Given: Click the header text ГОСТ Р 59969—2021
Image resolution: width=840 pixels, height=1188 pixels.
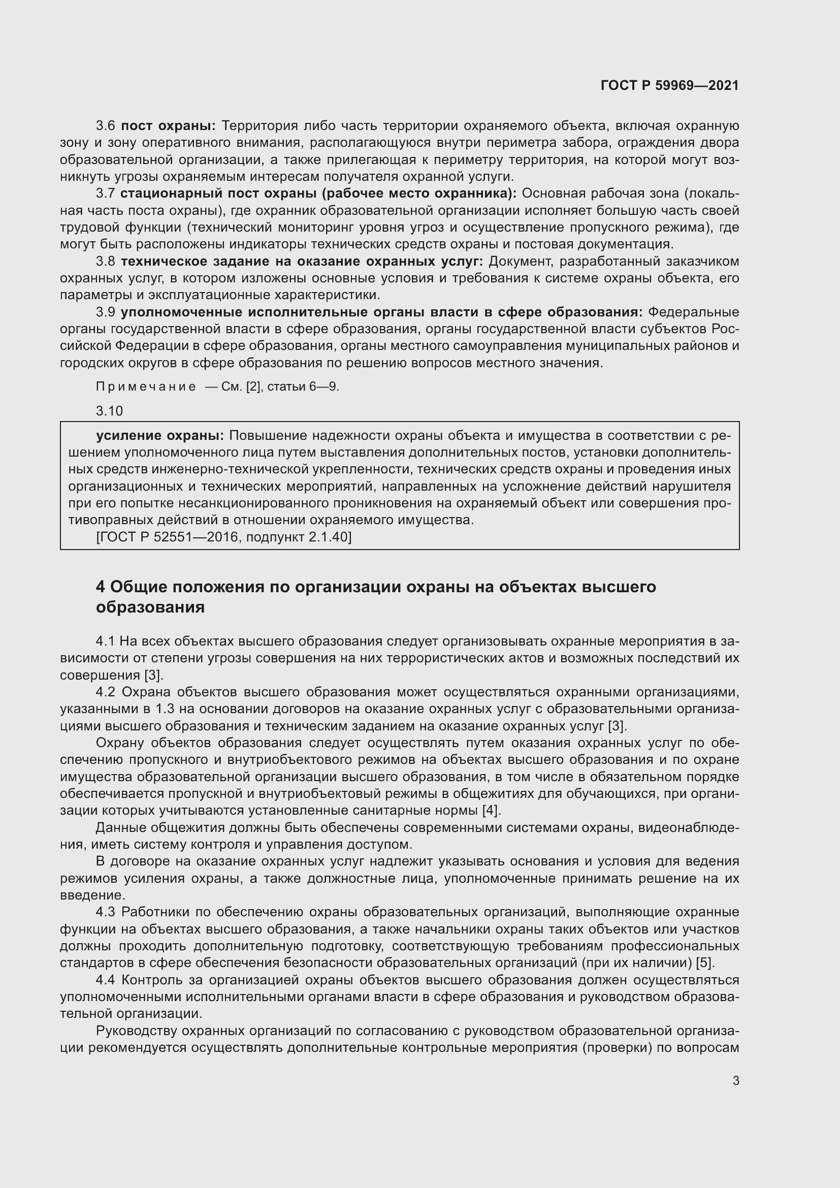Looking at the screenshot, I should (x=669, y=86).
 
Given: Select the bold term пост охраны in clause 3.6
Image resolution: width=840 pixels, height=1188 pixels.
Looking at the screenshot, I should (x=168, y=126).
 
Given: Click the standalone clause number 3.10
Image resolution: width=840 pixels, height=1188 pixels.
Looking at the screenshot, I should (x=109, y=411).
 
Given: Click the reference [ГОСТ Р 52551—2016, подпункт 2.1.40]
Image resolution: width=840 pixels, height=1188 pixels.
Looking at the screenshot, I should (x=223, y=537).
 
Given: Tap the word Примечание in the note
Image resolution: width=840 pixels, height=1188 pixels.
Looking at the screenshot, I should (x=146, y=387).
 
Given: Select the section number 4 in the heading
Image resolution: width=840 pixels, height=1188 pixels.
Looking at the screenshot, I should (x=101, y=587).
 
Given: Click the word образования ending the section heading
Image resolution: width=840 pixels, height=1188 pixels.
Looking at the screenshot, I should (x=150, y=607).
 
